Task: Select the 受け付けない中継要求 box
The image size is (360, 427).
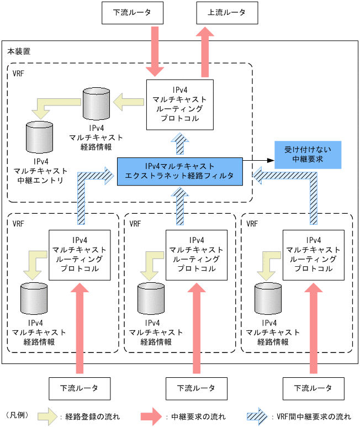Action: [307, 155]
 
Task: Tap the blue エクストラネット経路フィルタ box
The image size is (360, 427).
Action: [180, 170]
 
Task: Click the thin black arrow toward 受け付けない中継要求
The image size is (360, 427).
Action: [260, 160]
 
